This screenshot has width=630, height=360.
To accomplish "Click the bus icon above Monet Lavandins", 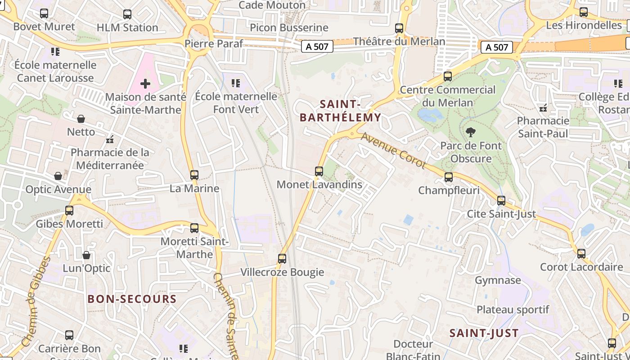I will coord(319,171).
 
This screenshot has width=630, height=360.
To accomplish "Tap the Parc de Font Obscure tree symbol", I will coord(471,132).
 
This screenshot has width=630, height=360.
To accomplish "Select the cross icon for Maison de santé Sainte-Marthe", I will coord(145,84).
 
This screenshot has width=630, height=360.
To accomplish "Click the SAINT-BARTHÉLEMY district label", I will coord(340,111).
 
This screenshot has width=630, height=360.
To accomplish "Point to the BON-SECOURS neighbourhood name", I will coord(132,299).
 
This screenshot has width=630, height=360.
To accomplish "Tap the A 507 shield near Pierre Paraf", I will coord(317,46).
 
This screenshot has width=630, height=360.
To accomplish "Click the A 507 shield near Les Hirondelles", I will coord(497,47).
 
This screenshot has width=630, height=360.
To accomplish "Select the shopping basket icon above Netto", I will coord(81,119).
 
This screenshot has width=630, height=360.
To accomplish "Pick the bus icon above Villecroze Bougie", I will coord(282,259).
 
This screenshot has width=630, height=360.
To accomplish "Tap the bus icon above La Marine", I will coord(194,175).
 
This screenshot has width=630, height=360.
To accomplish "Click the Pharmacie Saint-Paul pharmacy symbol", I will coord(543,108).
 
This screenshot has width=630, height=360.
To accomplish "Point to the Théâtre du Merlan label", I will coord(399,41).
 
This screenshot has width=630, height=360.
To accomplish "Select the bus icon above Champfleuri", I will coord(449,177).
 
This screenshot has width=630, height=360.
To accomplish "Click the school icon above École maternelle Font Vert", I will coord(236,83).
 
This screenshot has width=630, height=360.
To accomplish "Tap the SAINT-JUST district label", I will coord(484,333).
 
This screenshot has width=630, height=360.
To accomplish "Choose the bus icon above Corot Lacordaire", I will coord(581,254).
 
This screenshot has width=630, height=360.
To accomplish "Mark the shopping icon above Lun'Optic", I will coord(86,255).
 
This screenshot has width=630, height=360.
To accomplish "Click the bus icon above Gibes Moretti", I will coord(69,210).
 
